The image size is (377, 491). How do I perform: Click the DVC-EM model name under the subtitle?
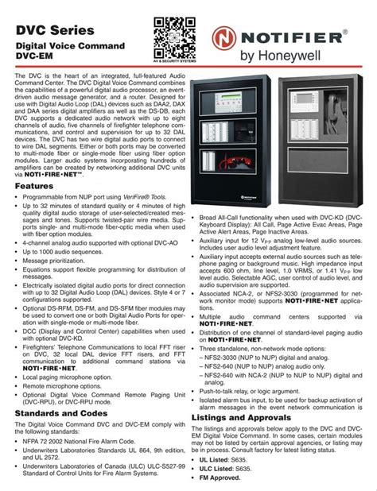[40, 60]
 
